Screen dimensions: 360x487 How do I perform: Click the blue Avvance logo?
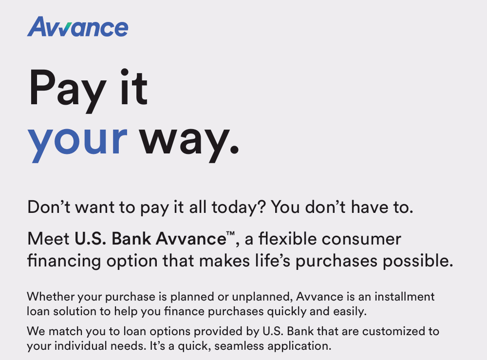click(77, 27)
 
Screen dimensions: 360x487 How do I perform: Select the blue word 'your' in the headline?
click(77, 138)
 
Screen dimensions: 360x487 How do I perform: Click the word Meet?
click(48, 239)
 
